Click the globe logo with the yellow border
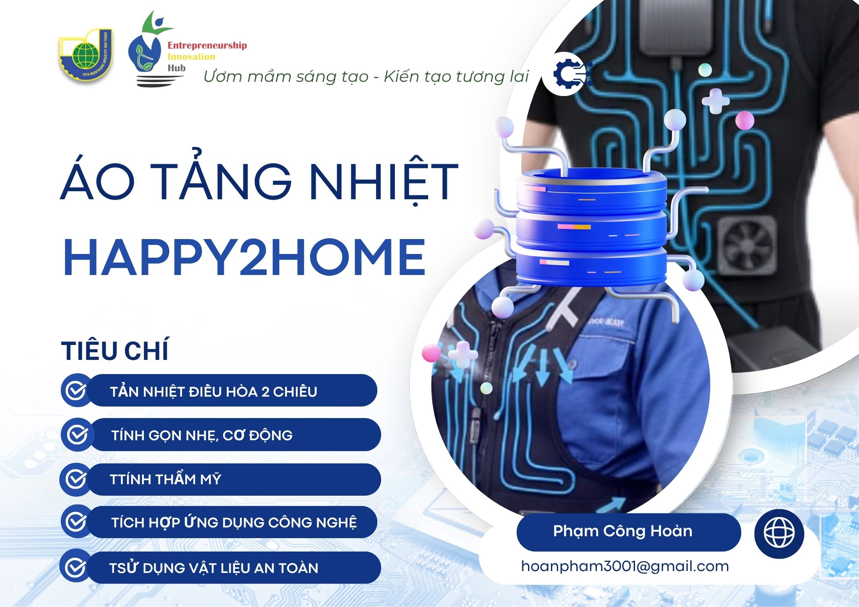[x=86, y=55]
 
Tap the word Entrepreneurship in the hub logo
[x=207, y=46]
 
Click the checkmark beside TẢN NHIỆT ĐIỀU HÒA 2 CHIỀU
[x=76, y=391]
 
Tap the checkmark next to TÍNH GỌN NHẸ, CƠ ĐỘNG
[x=77, y=435]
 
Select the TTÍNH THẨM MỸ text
[x=165, y=479]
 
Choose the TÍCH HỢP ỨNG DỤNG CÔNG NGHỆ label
[x=234, y=522]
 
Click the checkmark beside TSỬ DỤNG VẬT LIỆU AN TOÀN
[x=76, y=568]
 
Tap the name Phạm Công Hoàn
[x=623, y=531]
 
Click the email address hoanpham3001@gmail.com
[x=625, y=566]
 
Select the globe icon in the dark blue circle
[x=779, y=532]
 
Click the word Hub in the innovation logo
[x=176, y=68]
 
